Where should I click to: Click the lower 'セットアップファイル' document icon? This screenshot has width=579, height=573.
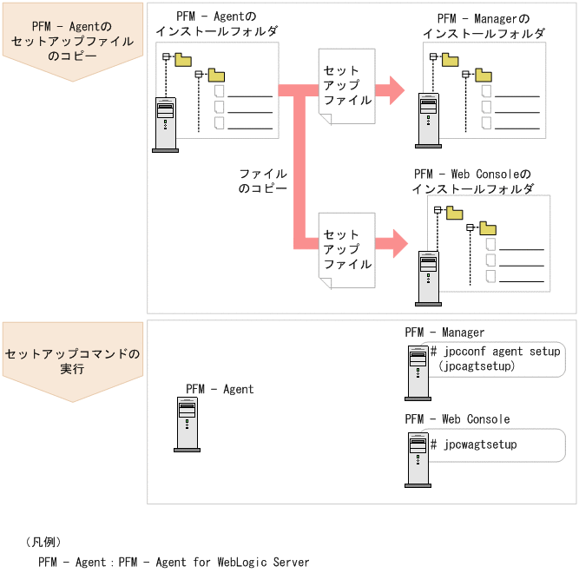point(346,249)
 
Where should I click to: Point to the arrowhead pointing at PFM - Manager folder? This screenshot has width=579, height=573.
point(395,88)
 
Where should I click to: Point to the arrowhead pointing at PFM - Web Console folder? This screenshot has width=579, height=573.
point(396,243)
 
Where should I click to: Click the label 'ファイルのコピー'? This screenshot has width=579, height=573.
point(262,180)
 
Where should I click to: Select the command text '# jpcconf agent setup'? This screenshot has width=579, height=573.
point(496,352)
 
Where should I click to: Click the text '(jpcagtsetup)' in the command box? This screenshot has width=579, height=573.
point(477,366)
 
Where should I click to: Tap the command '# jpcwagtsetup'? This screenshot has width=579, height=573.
point(474,445)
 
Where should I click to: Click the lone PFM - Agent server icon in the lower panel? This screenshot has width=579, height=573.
point(187,425)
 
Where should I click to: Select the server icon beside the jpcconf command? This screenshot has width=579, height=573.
point(417,372)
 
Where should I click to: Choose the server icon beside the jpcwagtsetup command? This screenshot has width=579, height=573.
point(417,458)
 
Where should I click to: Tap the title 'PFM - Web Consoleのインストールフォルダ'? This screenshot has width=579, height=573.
point(472,181)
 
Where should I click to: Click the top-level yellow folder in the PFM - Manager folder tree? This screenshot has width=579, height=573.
point(451,59)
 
